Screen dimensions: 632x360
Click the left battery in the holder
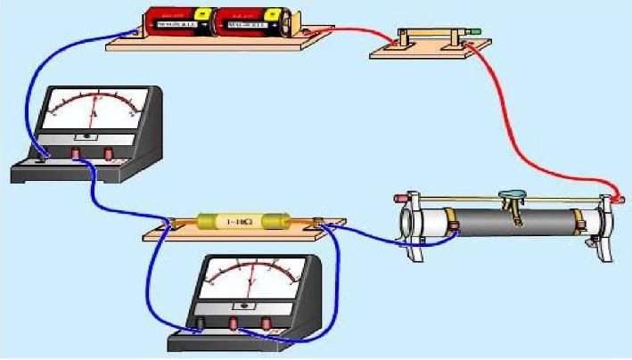pos(175,22)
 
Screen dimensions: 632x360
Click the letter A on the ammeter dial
pos(94,115)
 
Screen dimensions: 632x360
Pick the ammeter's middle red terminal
pos(77,155)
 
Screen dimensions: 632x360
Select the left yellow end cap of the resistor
pos(206,220)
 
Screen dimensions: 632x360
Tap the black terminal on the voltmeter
pos(201,322)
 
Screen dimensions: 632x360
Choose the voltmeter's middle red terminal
pos(234,322)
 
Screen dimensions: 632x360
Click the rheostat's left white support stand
pos(414,227)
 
